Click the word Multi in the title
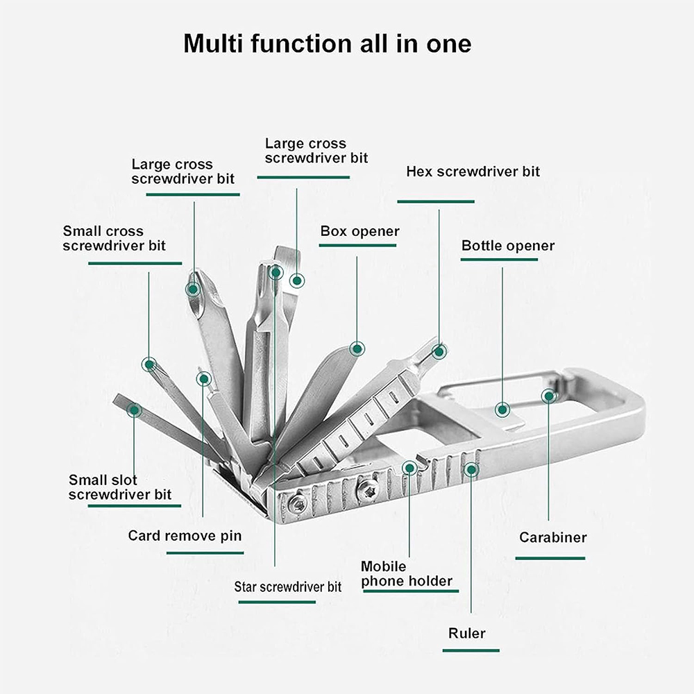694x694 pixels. [x=213, y=43]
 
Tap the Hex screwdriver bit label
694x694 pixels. [x=473, y=171]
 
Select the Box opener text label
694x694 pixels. [x=359, y=232]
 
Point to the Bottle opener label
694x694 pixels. [x=508, y=246]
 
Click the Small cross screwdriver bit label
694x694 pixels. [x=115, y=238]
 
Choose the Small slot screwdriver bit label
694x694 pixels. [x=120, y=487]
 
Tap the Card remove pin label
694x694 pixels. [x=185, y=536]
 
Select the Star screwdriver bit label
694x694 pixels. [x=288, y=587]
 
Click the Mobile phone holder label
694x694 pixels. [x=407, y=574]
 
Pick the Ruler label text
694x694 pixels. [x=467, y=634]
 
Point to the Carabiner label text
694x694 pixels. [x=553, y=537]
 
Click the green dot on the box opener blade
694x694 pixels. [x=357, y=349]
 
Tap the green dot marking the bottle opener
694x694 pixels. [x=502, y=410]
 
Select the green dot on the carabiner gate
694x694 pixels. [x=549, y=396]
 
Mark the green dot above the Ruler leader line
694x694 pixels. [x=471, y=470]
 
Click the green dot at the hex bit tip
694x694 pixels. [x=439, y=352]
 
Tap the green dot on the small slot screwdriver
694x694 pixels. [x=134, y=410]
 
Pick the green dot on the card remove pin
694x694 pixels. [x=204, y=379]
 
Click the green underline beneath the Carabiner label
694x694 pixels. [x=550, y=559]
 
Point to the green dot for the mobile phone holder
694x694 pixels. [x=410, y=468]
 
